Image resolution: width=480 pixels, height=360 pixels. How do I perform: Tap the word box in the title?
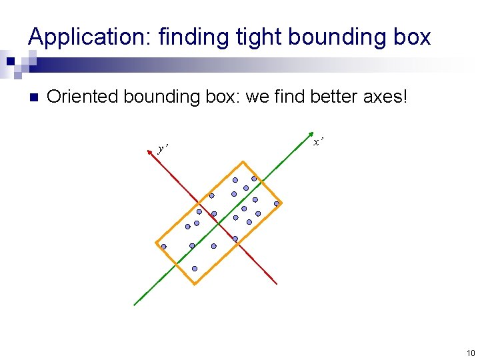tap(411, 37)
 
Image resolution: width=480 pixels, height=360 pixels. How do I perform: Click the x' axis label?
tap(319, 141)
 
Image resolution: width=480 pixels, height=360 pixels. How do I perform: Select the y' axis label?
tap(163, 148)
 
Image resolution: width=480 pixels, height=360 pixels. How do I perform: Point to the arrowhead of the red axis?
tap(153, 151)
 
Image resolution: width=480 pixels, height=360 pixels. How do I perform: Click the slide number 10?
tap(470, 353)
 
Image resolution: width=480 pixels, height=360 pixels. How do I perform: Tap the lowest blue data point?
tap(195, 269)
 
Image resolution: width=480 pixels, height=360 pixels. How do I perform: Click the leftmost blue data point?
tap(163, 247)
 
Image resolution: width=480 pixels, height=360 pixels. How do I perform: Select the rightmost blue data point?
tap(276, 204)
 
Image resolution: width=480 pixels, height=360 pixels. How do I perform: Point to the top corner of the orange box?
tap(243, 161)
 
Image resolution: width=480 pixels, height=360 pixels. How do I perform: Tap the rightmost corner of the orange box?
tap(282, 203)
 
